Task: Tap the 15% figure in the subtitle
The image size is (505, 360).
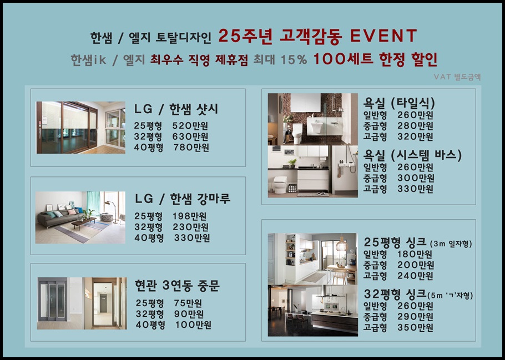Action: point(294,59)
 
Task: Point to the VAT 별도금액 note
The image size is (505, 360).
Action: point(457,77)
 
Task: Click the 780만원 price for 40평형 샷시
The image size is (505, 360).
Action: point(191,148)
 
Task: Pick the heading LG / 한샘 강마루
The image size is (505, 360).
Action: point(182,199)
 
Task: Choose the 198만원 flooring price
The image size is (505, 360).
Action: point(189,216)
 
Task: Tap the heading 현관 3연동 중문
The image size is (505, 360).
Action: point(177,285)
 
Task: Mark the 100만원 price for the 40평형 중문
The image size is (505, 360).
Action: point(193,324)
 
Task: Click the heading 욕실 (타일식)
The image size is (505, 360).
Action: point(399,103)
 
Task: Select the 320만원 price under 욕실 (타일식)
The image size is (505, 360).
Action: point(415,136)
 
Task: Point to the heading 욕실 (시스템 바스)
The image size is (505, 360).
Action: point(412,155)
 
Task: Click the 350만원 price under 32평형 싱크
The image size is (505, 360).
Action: point(415,327)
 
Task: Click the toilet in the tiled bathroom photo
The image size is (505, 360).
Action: point(297,133)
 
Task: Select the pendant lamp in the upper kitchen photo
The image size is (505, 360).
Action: point(341,245)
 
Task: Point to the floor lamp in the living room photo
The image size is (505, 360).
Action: point(112,211)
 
